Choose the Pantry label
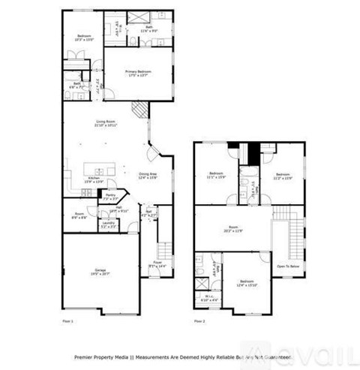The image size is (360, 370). pos(110,197)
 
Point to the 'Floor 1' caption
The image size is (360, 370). pos(67,320)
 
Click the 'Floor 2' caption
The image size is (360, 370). pos(199,320)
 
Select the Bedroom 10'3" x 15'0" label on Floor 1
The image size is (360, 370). pos(84,38)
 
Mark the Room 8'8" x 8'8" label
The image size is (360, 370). pos(79,215)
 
